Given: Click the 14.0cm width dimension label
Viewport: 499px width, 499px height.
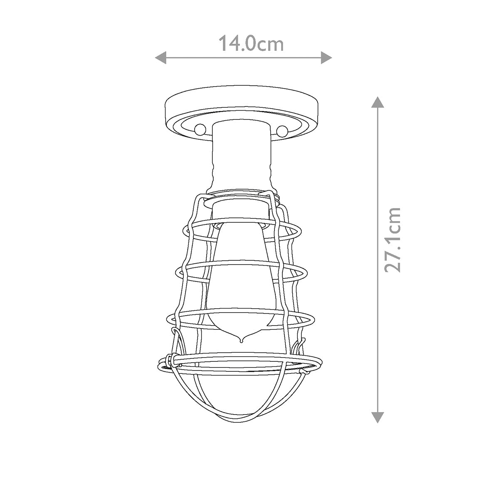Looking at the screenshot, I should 251,44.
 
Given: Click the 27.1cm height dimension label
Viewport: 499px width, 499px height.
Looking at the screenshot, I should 393,240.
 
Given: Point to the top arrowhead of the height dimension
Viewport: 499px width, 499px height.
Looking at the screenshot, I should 377,102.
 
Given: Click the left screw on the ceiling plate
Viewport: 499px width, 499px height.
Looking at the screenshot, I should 199,129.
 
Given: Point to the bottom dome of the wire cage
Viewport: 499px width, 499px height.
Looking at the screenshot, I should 241,399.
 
